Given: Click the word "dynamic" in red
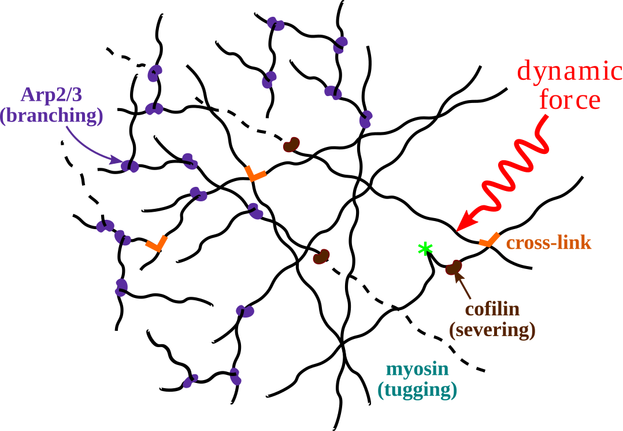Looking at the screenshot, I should [x=569, y=72].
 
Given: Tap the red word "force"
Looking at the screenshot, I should [x=570, y=100].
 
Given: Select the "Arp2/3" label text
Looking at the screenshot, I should [x=51, y=95].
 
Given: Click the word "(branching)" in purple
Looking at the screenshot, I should [x=51, y=116].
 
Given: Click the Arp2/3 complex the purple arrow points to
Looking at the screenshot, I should [x=130, y=166].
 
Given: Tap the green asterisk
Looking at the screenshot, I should [x=425, y=249].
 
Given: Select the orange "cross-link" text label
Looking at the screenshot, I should [x=548, y=243].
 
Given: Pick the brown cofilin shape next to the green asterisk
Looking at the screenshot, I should [x=454, y=267].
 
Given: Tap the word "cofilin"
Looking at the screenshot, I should [x=492, y=310].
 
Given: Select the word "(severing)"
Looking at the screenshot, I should [x=492, y=330].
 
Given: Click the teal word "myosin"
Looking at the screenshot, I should [x=417, y=369].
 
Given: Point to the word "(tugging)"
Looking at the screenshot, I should [x=417, y=390].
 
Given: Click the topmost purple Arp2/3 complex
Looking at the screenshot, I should [x=276, y=24].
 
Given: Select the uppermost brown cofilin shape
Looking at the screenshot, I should [x=291, y=145].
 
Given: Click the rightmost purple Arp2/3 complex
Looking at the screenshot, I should [x=365, y=119].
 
